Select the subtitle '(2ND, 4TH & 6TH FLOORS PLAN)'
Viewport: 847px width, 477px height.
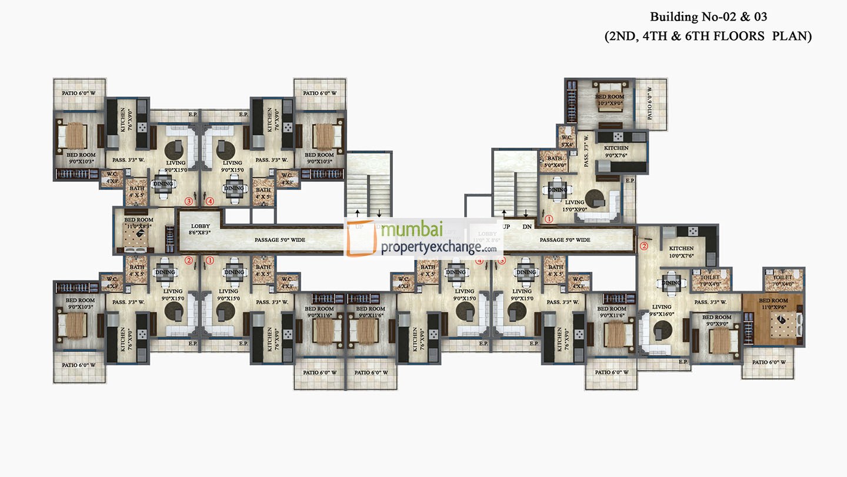point(709,36)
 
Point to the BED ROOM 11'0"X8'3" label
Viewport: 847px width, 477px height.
point(139,223)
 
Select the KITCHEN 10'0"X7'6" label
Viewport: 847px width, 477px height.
point(681,252)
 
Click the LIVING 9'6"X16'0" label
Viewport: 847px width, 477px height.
point(662,310)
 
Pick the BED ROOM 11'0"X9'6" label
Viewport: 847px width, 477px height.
point(773,304)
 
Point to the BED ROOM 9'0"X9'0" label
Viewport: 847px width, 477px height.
point(716,321)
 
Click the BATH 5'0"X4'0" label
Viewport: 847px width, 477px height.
point(554,162)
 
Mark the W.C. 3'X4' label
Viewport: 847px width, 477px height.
point(566,141)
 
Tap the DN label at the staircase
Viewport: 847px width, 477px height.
point(527,226)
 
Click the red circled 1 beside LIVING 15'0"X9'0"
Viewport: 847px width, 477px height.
point(548,219)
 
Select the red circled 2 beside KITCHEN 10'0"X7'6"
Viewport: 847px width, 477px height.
point(643,246)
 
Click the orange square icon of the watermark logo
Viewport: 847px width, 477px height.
point(362,239)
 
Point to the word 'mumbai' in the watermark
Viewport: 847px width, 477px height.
point(411,231)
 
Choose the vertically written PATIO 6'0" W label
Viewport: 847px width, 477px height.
point(649,104)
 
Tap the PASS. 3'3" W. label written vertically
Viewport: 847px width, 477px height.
point(586,151)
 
